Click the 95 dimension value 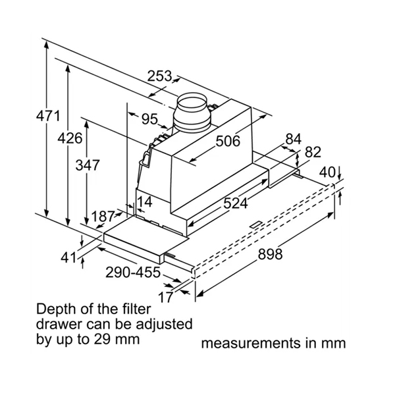pyautogui.click(x=150, y=119)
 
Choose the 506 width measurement pyautogui.click(x=228, y=141)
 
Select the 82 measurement pyautogui.click(x=313, y=152)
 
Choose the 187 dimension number pyautogui.click(x=103, y=217)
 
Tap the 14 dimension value pyautogui.click(x=145, y=201)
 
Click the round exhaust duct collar pyautogui.click(x=192, y=113)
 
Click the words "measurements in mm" pyautogui.click(x=273, y=343)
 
